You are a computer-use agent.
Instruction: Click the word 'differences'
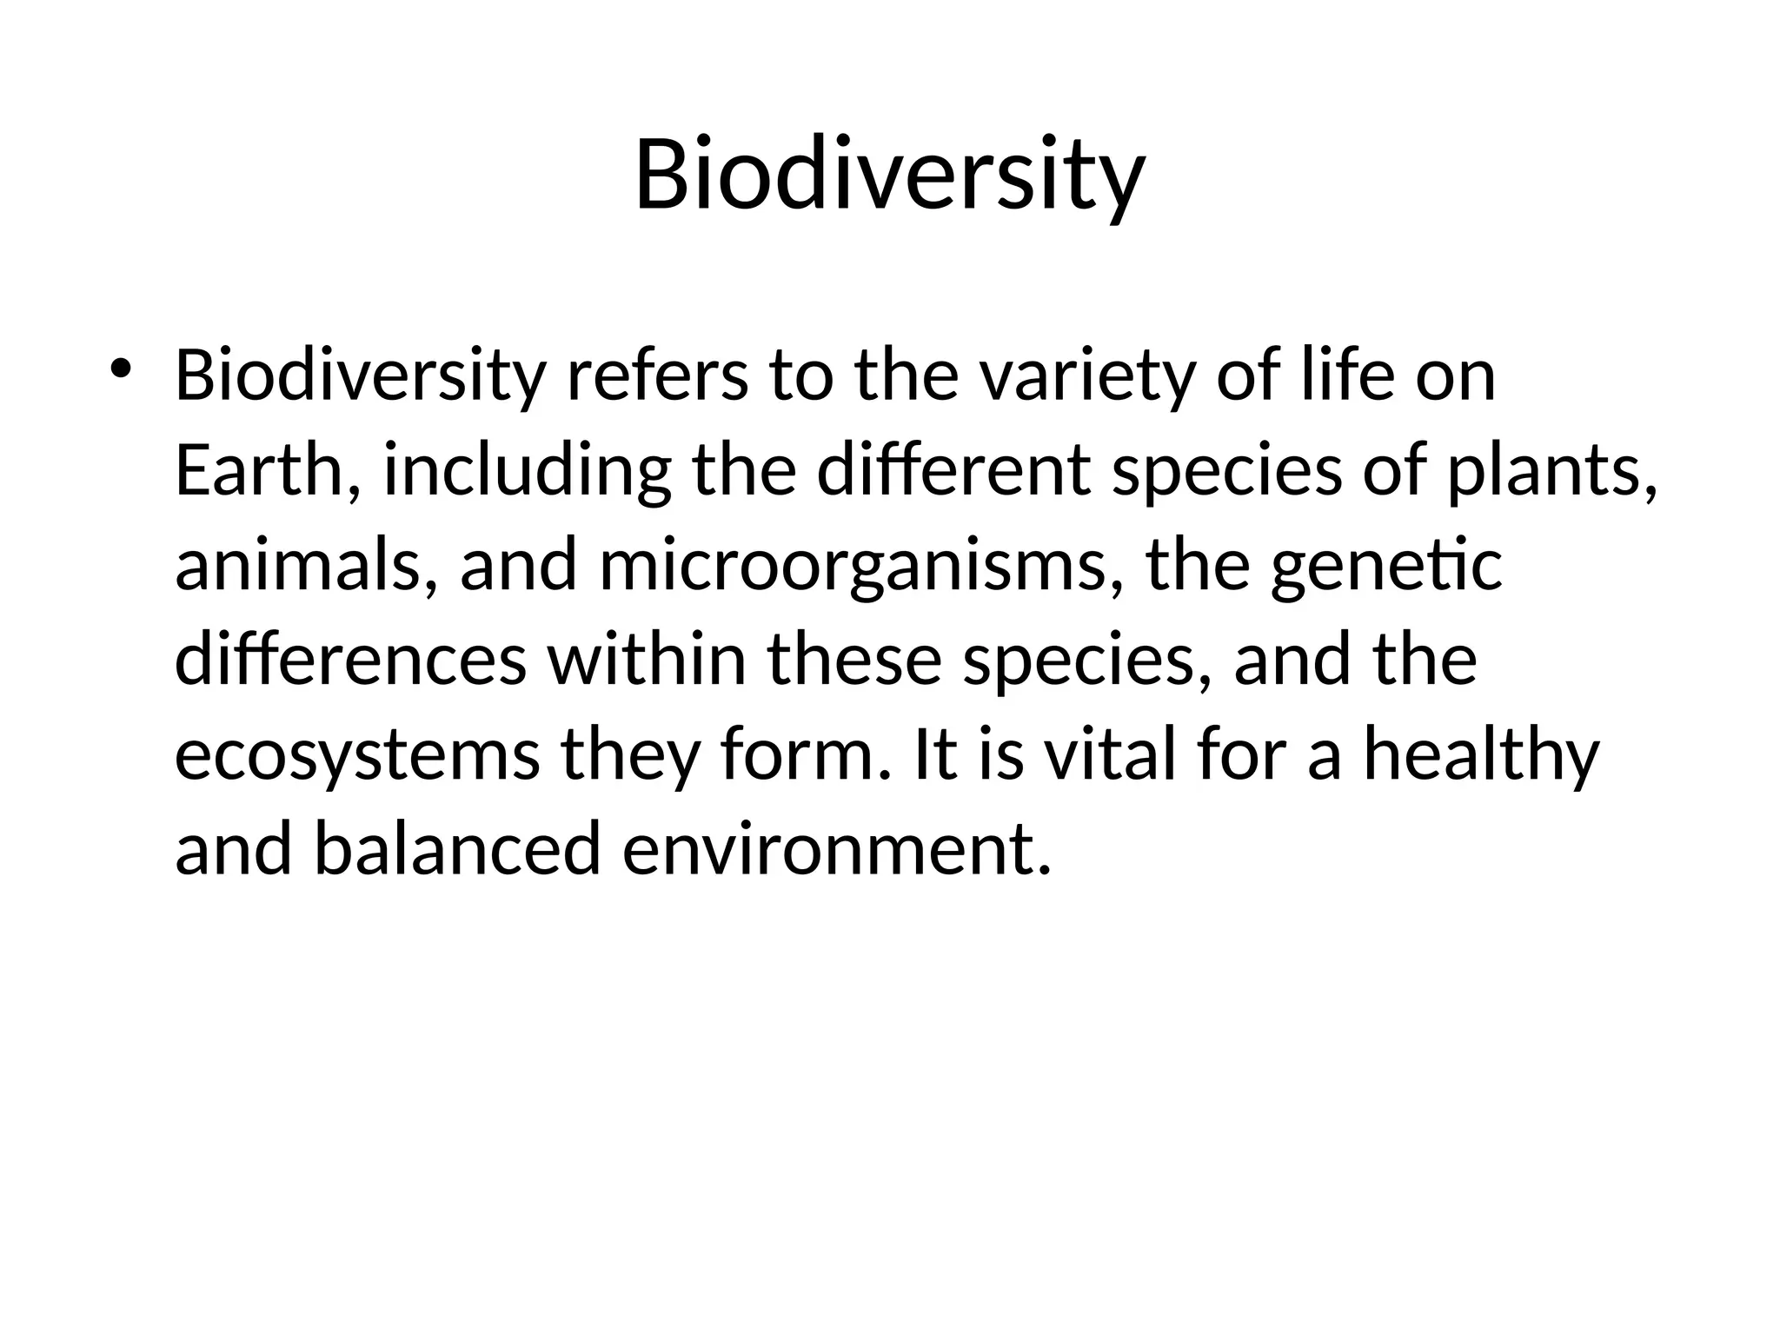coord(350,660)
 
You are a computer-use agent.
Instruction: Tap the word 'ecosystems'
coord(357,754)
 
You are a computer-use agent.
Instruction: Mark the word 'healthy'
coord(1481,754)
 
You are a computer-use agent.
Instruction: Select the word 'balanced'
coord(457,849)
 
